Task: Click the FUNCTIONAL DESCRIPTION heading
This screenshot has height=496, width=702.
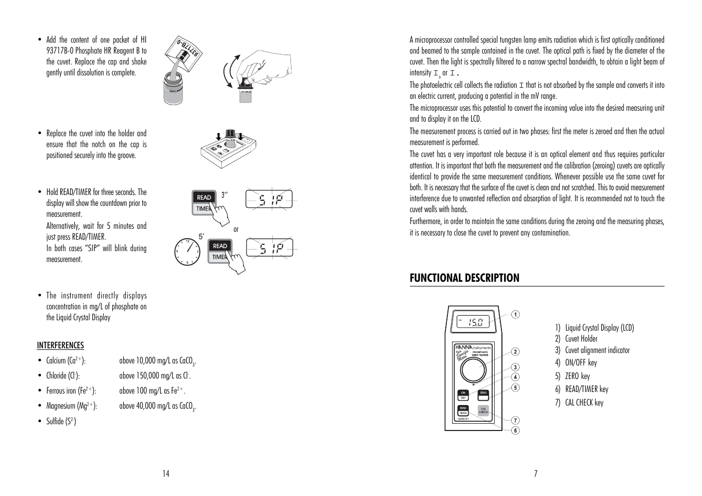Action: click(464, 278)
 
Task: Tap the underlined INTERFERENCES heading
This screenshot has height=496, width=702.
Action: click(60, 345)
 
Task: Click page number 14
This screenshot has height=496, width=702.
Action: click(165, 473)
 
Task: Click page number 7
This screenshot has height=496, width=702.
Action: click(536, 473)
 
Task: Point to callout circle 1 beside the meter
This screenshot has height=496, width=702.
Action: click(515, 314)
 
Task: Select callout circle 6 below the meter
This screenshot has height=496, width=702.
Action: click(515, 430)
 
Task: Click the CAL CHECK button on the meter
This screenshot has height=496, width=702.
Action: click(483, 410)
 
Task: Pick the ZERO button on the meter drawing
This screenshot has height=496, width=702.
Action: click(483, 395)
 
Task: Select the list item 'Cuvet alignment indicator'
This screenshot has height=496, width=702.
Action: click(597, 350)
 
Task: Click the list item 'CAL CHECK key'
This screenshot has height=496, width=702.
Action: click(584, 402)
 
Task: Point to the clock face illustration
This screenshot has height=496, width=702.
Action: click(187, 252)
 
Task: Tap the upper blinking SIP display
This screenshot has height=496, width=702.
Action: click(269, 199)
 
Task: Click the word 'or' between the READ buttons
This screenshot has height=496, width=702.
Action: click(236, 229)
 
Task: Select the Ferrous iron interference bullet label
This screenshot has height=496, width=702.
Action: click(71, 391)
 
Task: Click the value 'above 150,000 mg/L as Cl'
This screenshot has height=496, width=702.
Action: click(154, 375)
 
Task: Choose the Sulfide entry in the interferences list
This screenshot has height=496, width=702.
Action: click(61, 421)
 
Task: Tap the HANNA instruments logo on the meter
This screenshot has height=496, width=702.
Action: click(472, 347)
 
